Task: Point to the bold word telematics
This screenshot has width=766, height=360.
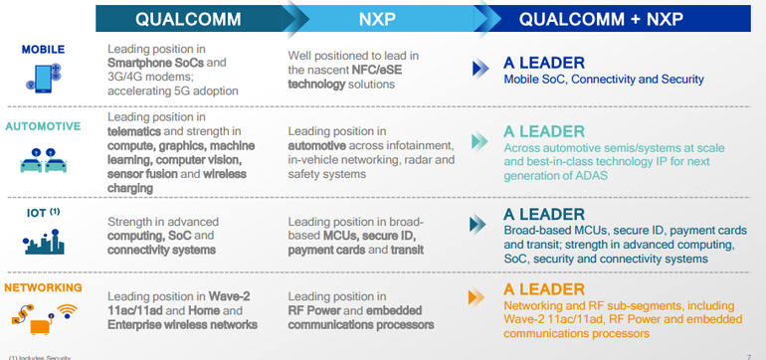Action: (x=138, y=130)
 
